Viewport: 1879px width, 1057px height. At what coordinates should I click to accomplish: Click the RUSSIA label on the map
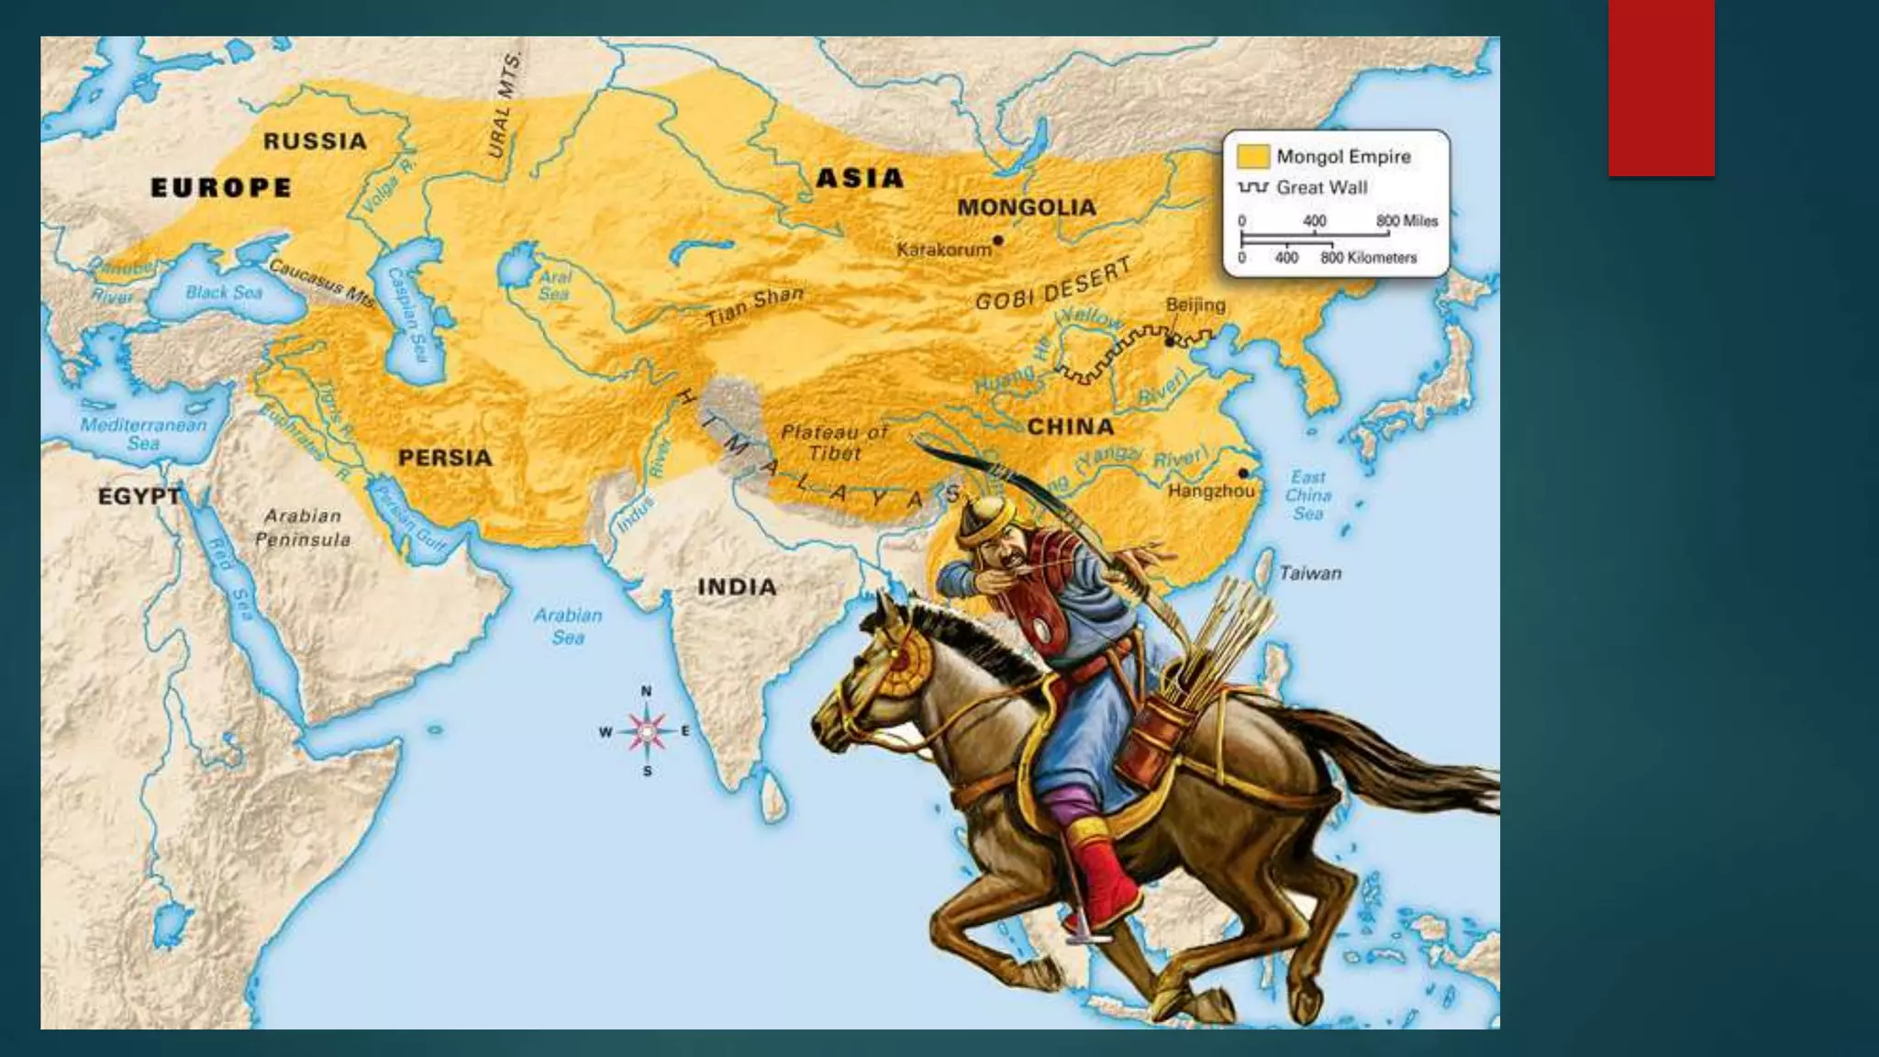315,141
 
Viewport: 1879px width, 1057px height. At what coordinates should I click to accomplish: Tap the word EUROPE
220,188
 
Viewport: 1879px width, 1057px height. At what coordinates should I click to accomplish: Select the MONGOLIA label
1026,207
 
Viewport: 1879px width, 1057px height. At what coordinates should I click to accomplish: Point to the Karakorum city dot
998,240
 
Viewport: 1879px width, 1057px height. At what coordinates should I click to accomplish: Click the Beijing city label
1195,305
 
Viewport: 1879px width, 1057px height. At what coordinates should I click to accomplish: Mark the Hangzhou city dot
1243,473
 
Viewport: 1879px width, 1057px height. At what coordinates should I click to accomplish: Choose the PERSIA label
444,457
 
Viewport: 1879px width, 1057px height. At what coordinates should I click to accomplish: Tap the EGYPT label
139,496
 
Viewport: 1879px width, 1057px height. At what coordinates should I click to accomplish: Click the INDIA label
737,587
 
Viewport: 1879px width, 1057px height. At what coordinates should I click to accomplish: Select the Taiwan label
1310,573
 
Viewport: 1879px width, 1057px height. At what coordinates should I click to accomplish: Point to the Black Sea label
224,293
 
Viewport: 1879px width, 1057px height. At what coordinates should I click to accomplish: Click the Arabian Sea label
568,626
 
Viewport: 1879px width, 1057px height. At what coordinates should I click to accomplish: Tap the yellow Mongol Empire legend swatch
1252,156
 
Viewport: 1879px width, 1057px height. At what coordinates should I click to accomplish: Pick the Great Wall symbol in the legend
1252,187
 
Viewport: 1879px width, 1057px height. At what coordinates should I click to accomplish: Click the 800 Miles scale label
1406,221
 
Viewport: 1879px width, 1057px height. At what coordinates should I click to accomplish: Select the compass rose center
647,731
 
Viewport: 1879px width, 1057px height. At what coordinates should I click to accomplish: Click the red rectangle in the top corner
1661,87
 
